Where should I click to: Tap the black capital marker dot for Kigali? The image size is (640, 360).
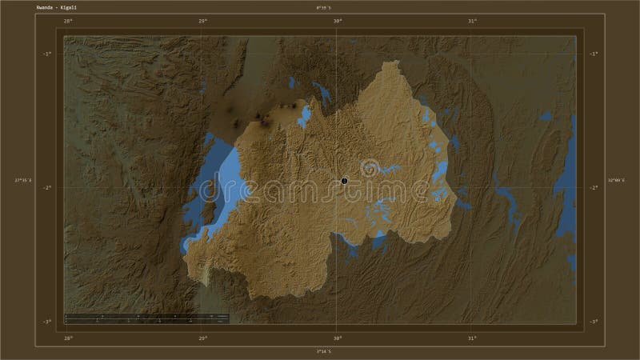tap(344, 181)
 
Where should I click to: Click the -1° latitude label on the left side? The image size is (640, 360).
tap(47, 54)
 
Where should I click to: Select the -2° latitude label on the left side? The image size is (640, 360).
tap(47, 187)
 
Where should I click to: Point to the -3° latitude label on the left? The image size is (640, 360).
tap(47, 322)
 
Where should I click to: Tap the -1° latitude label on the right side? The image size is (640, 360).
tap(594, 54)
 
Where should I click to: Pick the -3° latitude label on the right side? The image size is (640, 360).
tap(594, 322)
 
